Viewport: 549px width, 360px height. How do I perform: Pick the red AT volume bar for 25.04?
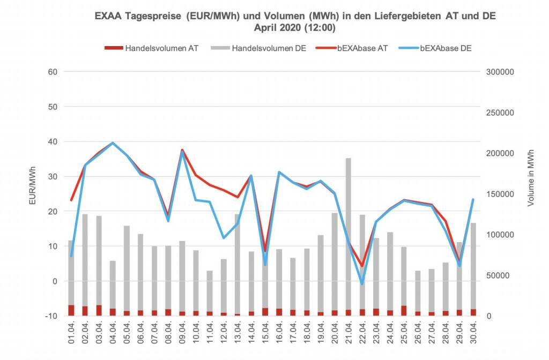point(404,311)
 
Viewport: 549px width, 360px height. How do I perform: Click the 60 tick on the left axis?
point(53,72)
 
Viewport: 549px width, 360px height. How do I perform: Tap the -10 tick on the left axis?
point(52,316)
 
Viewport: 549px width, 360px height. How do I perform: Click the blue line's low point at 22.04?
point(362,283)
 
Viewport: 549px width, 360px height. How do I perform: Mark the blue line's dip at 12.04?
point(224,238)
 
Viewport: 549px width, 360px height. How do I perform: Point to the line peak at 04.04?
point(113,143)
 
